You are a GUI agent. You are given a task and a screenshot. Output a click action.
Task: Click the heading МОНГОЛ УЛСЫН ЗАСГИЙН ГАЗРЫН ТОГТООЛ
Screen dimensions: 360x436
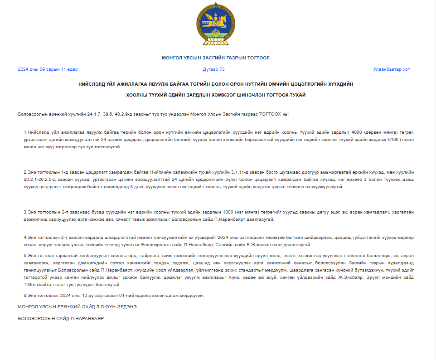click(216, 58)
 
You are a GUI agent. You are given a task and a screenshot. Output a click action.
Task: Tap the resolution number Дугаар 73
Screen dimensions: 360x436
click(214, 69)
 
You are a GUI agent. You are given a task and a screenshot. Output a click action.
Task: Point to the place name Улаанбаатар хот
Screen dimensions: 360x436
click(392, 69)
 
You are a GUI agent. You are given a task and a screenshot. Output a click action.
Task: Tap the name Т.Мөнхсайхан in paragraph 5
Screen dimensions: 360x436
click(39, 285)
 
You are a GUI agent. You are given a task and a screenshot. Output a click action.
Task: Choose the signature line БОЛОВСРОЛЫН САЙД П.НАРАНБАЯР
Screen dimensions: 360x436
click(61, 319)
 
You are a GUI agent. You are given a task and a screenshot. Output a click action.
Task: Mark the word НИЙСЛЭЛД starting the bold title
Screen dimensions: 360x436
click(90, 84)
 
